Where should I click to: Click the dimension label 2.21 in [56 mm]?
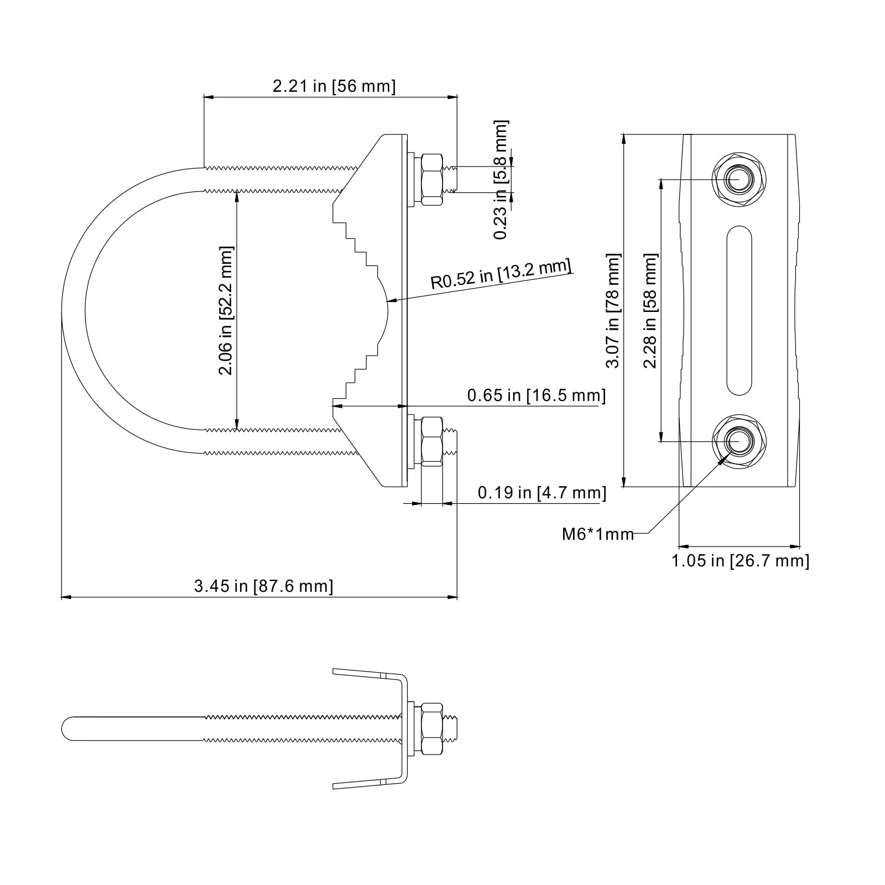point(334,86)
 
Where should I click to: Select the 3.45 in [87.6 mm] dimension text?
point(264,586)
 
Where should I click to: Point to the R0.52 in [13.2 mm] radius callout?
point(501,274)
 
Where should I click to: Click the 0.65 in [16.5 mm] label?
point(536,395)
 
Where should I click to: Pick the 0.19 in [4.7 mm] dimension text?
point(542,492)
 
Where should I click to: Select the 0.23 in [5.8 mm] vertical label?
point(501,180)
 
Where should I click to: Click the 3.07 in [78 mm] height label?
point(613,310)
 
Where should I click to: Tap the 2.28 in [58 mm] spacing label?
point(650,310)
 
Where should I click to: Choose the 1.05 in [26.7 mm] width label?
point(740,561)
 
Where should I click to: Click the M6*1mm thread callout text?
point(598,534)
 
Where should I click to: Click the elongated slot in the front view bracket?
point(740,310)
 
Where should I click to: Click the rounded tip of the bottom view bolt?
point(66,728)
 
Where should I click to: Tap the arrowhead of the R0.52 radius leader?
point(389,301)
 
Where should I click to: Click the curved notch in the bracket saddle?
point(384,310)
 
